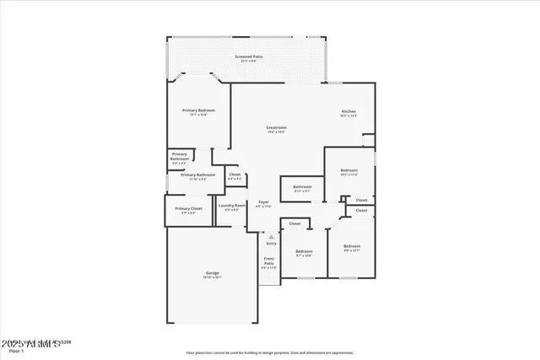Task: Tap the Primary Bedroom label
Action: click(198, 111)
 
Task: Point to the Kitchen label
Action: click(348, 112)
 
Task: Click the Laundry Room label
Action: click(231, 206)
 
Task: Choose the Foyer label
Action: click(264, 202)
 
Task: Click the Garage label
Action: click(213, 273)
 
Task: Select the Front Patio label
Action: click(269, 261)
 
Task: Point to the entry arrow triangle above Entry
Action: click(271, 237)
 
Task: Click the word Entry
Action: click(271, 243)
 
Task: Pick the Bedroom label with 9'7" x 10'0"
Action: click(304, 252)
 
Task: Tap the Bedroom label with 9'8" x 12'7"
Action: click(351, 248)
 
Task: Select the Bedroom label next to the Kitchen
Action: click(349, 171)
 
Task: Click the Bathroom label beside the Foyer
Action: click(302, 187)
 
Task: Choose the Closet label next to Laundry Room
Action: click(235, 175)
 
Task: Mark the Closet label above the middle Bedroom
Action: click(294, 223)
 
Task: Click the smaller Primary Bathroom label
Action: click(180, 156)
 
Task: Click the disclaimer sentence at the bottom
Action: click(270, 353)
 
